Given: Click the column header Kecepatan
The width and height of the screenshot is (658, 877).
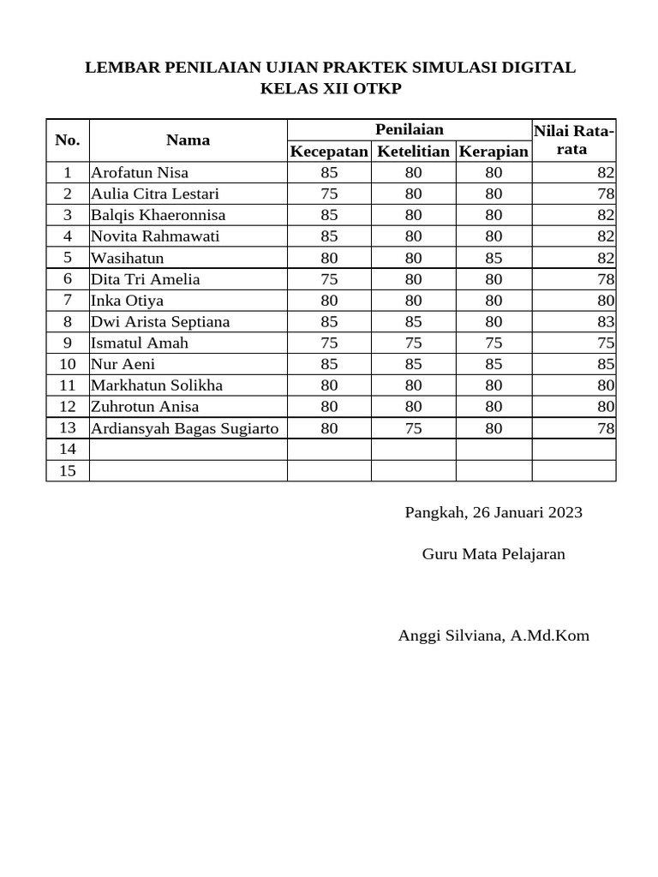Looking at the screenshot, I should tap(329, 152).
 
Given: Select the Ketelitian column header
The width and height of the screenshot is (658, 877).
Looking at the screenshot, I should tap(413, 152).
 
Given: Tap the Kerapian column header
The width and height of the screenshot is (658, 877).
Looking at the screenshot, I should tap(493, 152).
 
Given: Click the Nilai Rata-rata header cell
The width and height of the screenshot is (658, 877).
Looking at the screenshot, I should tap(573, 140).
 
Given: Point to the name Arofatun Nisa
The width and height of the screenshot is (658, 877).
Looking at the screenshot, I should tap(140, 173).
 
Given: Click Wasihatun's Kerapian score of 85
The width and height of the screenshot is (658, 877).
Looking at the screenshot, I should tap(493, 258).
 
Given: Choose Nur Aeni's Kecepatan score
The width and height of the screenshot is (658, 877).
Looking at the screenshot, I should tap(329, 364).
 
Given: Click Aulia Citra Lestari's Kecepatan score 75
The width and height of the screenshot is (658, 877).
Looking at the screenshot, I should tap(329, 194).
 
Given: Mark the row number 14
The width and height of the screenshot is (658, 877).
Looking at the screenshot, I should tap(68, 450).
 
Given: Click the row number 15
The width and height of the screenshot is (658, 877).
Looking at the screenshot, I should tap(68, 470).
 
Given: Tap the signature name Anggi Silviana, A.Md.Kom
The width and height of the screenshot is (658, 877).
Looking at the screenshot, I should tap(493, 635).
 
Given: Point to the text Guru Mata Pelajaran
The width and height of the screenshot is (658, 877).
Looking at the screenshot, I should tap(493, 554).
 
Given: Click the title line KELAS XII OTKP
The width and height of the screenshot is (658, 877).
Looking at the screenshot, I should tap(330, 89).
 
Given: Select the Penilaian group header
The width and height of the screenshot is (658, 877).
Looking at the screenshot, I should tap(410, 129).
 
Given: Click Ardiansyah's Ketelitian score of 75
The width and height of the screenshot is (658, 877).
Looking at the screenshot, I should tap(413, 428).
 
